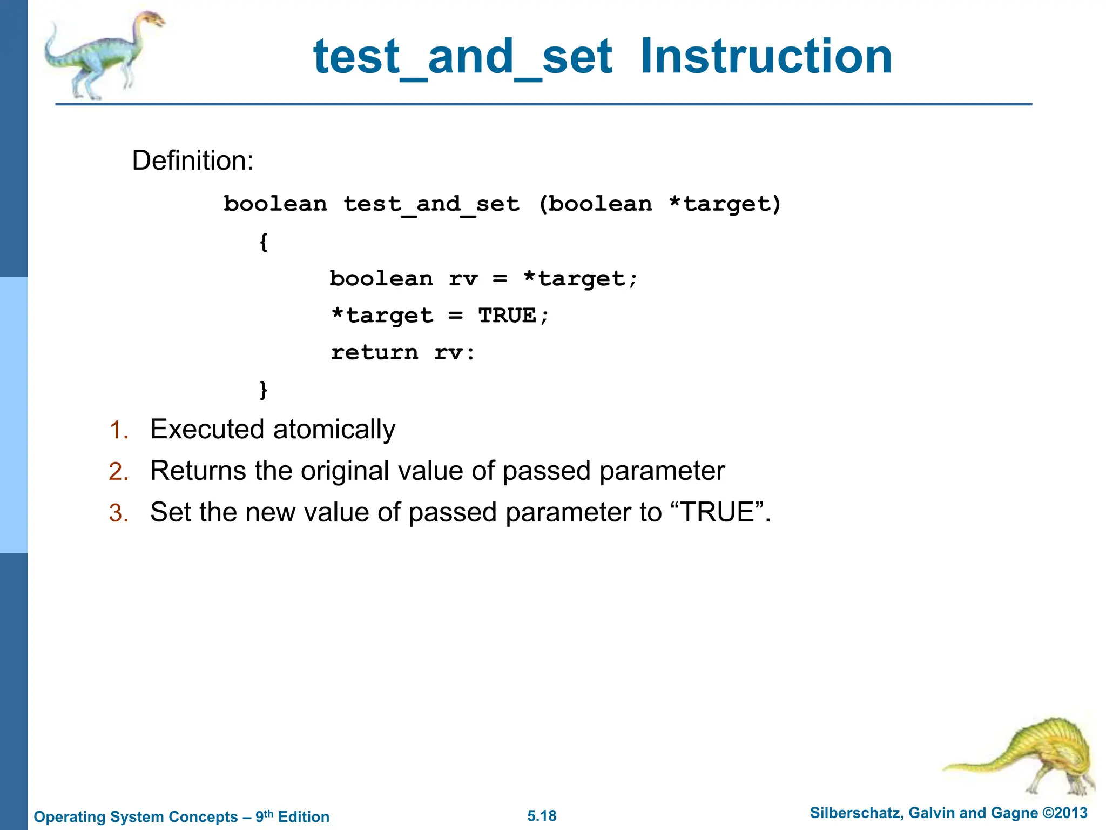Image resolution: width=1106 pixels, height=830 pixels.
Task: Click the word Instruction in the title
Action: coord(766,57)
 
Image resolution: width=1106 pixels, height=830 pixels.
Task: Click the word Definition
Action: coord(192,160)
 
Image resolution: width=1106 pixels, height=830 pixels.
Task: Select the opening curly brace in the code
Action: coord(264,242)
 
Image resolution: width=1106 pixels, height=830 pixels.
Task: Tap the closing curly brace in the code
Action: coord(264,389)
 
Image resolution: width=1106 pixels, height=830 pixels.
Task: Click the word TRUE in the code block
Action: coord(507,316)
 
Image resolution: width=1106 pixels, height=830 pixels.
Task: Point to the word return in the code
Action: coord(374,353)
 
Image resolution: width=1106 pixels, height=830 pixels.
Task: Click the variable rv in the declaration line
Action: coord(463,279)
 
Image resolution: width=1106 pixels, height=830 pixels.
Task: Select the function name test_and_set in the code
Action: coord(431,204)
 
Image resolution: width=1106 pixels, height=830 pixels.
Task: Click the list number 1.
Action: coord(118,431)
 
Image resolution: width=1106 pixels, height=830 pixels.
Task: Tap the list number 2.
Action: coord(118,472)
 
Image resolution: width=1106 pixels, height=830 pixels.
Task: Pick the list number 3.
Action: coord(118,513)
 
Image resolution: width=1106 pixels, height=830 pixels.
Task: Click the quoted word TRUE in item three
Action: coord(717,512)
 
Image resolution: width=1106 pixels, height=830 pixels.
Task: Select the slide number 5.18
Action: coord(542,816)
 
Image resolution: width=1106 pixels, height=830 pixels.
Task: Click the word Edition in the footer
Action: coord(304,816)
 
